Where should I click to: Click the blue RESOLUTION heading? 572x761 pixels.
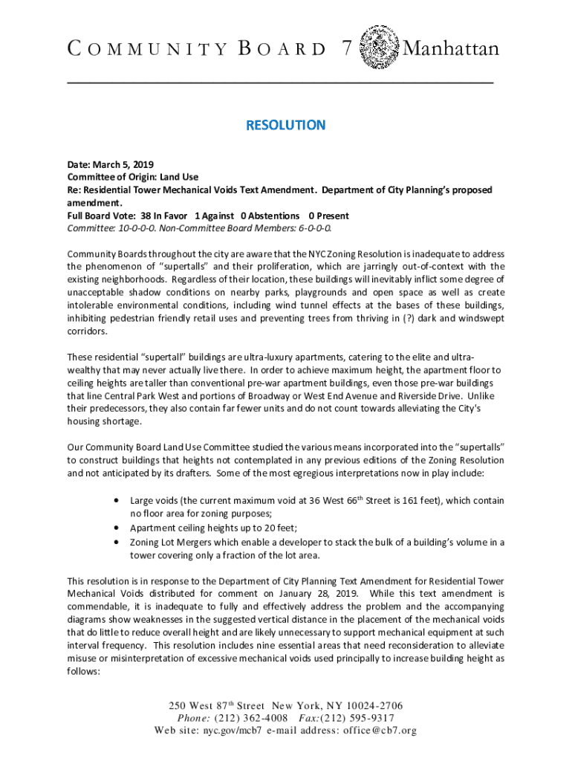click(x=286, y=125)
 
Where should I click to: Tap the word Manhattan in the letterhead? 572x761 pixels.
click(x=450, y=49)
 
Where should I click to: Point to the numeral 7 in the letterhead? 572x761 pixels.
click(x=348, y=49)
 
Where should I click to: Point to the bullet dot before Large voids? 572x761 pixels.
click(x=117, y=501)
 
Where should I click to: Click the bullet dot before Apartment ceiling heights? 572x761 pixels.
click(x=117, y=528)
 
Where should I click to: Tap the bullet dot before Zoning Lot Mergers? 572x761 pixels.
click(x=117, y=542)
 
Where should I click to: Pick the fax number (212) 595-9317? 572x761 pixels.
click(x=360, y=718)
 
